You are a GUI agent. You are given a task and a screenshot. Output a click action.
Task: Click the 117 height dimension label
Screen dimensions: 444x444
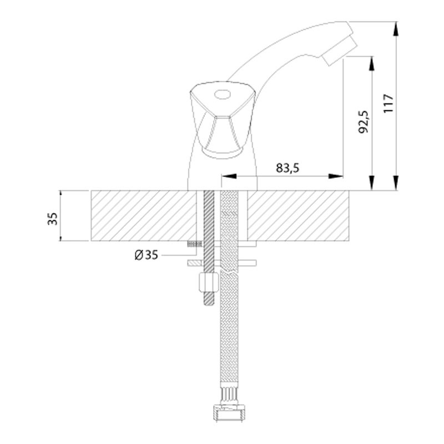tap(388, 103)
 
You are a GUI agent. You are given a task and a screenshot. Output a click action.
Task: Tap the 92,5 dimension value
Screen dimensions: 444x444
tap(364, 122)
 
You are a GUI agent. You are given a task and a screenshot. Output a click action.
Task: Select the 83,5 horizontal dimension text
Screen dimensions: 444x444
tap(287, 168)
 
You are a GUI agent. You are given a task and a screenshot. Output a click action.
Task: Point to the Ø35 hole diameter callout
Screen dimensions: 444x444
tap(146, 255)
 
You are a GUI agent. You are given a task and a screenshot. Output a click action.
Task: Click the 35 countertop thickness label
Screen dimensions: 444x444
tap(53, 218)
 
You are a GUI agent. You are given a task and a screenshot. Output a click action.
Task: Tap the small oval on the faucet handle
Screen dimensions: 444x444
tap(223, 94)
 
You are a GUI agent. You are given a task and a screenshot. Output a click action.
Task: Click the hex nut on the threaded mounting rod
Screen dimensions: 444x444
tap(209, 282)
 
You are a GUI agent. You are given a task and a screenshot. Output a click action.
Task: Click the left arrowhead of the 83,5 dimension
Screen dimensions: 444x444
tap(229, 176)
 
